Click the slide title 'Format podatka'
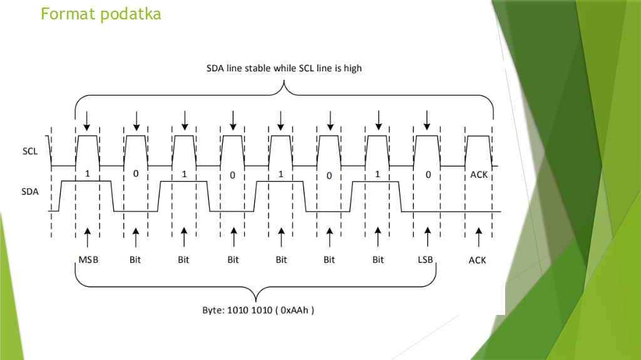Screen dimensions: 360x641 [x=101, y=14]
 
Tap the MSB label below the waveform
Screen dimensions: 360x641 [x=88, y=260]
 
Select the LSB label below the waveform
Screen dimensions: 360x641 [x=427, y=260]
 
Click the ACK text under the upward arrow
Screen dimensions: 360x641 [x=477, y=260]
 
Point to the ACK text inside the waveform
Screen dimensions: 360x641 [x=478, y=175]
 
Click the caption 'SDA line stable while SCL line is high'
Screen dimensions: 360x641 [x=284, y=68]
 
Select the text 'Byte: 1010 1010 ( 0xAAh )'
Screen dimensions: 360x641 [x=258, y=309]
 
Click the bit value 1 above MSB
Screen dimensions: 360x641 [x=88, y=174]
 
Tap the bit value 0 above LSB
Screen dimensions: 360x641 [x=428, y=174]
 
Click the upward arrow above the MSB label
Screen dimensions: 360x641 [x=88, y=237]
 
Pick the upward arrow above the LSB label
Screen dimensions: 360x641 [x=428, y=237]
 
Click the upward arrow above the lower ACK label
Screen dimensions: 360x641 [x=478, y=237]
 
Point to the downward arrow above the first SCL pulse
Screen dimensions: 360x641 [x=87, y=119]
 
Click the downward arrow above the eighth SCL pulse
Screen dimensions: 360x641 [x=428, y=119]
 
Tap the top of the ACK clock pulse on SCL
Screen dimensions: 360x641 [x=478, y=136]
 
